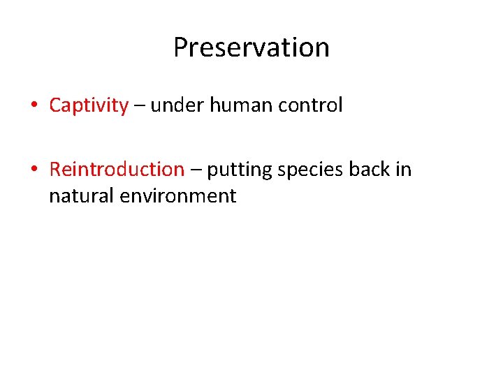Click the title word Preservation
251,47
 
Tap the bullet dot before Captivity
34,105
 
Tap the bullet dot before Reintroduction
34,170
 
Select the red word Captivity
89,106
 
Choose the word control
311,105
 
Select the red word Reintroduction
117,170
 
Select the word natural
82,196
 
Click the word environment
178,196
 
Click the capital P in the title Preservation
180,47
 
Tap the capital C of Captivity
55,106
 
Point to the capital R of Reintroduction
55,170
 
